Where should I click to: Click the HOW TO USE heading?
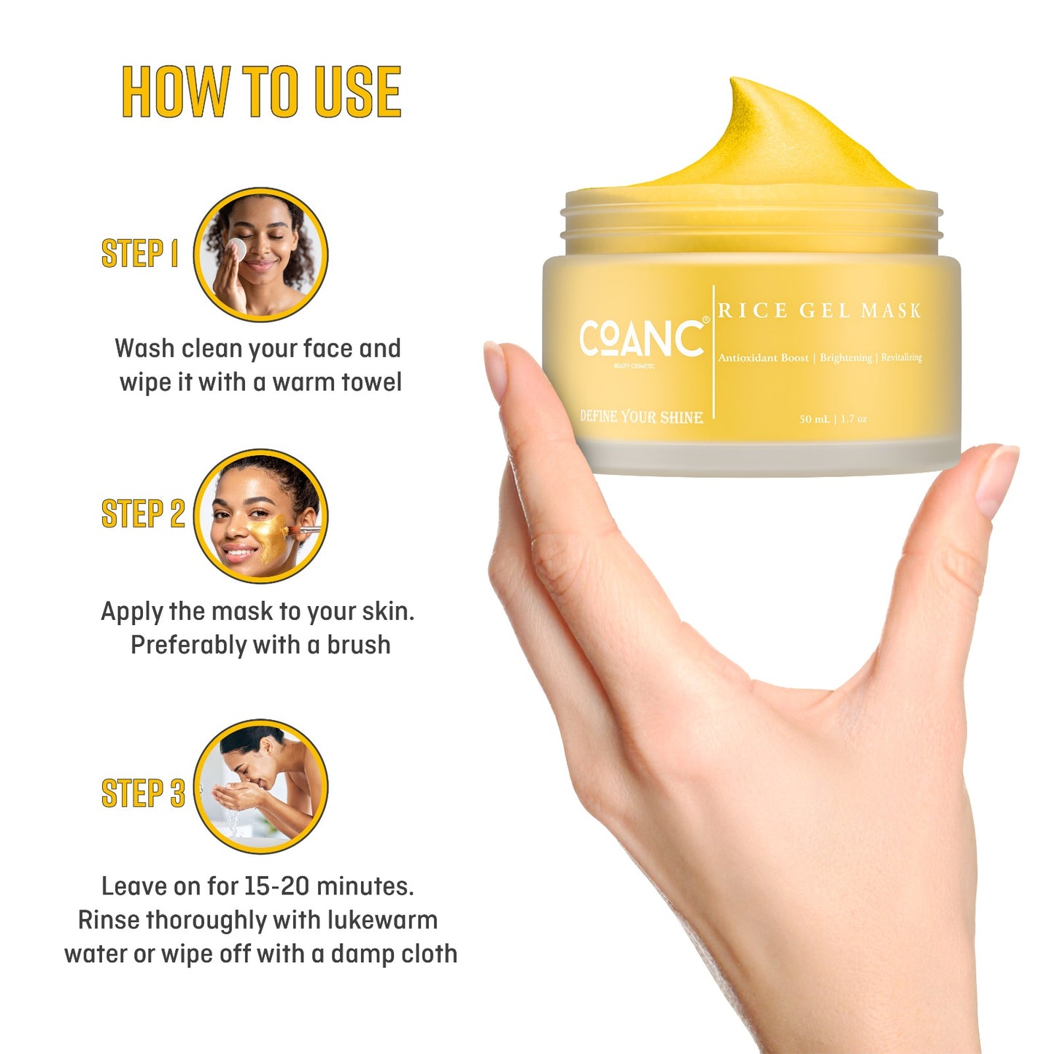[x=261, y=92]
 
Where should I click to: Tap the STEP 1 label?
[x=139, y=254]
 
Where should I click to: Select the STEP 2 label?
[x=143, y=514]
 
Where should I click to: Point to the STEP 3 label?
[x=143, y=794]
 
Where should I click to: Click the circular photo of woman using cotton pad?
[x=260, y=255]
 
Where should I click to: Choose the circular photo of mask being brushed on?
[x=260, y=516]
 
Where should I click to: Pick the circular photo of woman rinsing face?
[x=260, y=786]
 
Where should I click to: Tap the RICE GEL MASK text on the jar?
[x=819, y=311]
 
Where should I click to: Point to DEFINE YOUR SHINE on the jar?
[x=642, y=416]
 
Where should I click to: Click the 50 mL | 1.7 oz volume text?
[x=833, y=419]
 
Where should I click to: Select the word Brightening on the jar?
[x=845, y=357]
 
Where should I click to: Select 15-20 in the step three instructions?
[x=276, y=886]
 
